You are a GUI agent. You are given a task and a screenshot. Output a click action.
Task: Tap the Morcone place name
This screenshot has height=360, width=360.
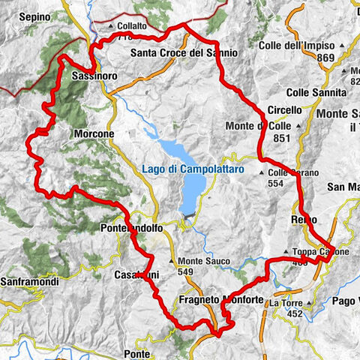pos(94,133)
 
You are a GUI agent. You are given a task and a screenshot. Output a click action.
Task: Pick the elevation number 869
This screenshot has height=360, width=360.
pos(325,58)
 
